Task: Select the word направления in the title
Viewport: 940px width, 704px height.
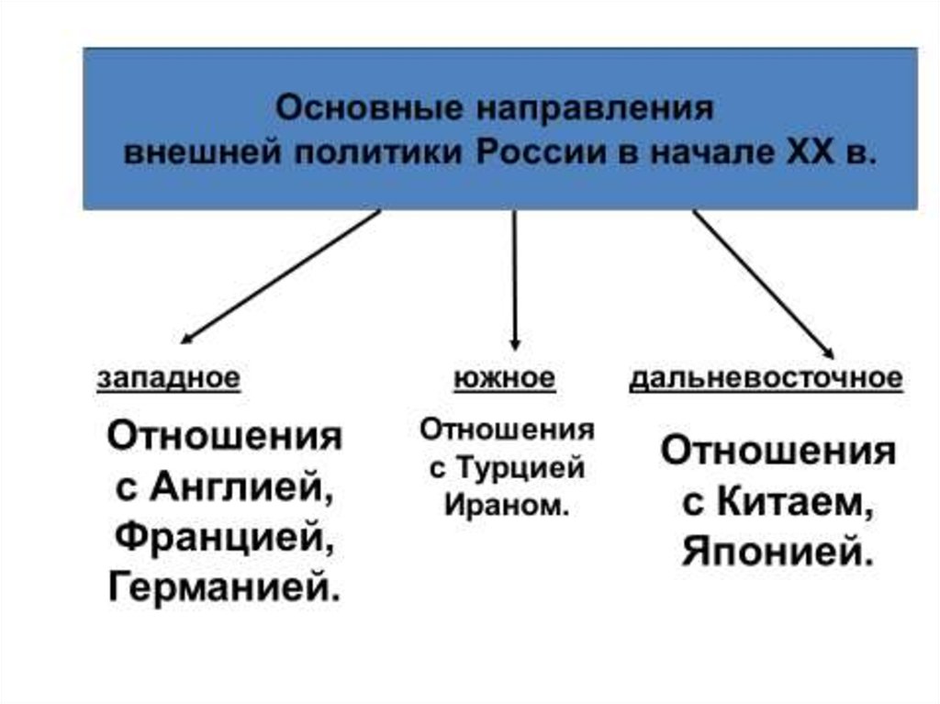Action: click(x=594, y=109)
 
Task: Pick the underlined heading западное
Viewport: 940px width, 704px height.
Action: click(x=170, y=378)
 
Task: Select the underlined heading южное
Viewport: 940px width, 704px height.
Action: click(x=504, y=378)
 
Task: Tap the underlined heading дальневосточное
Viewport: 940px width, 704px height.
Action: click(x=766, y=378)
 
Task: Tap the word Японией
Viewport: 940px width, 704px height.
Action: click(x=777, y=554)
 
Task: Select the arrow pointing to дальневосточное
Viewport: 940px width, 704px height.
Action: click(x=762, y=283)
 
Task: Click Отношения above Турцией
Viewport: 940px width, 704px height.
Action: click(x=507, y=430)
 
